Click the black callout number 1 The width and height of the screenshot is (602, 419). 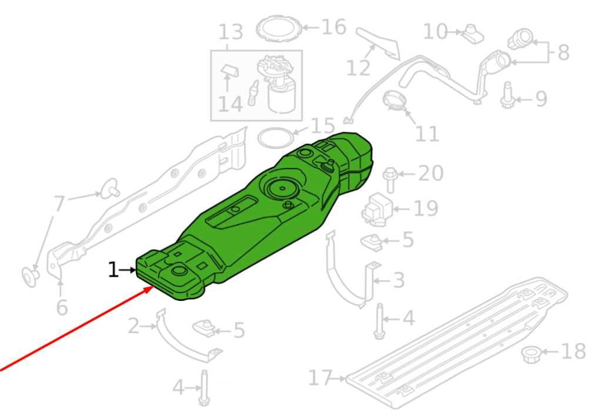click(113, 270)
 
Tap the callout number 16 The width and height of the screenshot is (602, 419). click(334, 27)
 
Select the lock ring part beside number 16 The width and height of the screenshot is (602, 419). click(279, 28)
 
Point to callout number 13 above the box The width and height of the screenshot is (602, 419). click(230, 32)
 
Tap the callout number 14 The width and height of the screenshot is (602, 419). click(230, 104)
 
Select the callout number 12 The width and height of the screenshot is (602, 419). click(358, 68)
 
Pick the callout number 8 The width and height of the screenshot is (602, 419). click(563, 52)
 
